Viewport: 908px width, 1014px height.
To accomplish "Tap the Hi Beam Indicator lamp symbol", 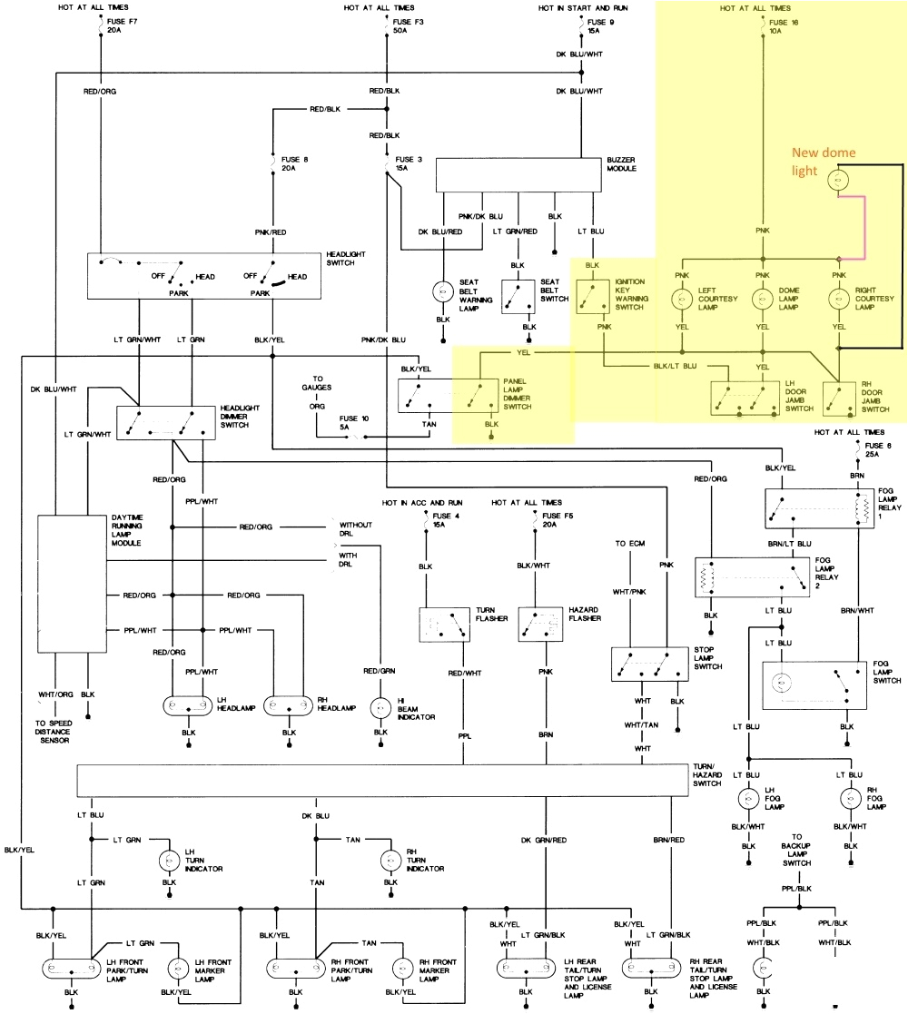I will [380, 706].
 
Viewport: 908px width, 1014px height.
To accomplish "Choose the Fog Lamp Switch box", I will [809, 683].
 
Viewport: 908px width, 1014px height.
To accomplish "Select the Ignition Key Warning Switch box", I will [593, 295].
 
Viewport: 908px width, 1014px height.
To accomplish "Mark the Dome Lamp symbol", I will [762, 298].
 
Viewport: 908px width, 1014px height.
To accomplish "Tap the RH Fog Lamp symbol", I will [849, 799].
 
